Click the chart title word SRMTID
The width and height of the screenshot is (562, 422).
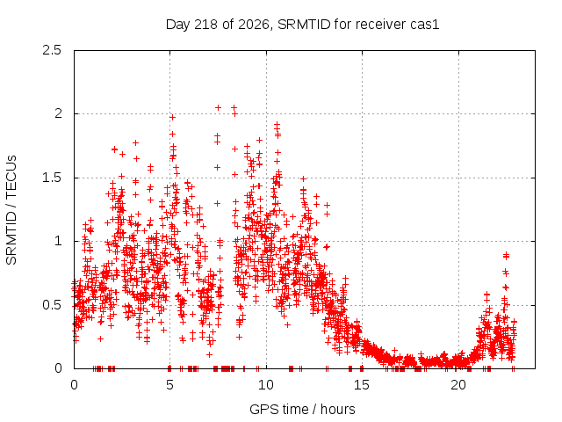click(x=304, y=25)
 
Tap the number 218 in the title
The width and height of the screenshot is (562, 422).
click(x=205, y=25)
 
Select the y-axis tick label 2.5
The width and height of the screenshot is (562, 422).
click(x=52, y=50)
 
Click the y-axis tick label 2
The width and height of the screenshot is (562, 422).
click(x=58, y=113)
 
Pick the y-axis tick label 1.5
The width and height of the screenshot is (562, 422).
click(x=52, y=178)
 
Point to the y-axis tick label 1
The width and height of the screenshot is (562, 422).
click(x=59, y=241)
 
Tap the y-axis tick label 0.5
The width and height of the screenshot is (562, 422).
click(x=52, y=305)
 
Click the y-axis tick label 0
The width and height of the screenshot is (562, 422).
click(x=58, y=368)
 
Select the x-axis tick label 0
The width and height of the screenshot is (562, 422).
click(x=74, y=385)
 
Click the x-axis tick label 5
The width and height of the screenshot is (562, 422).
click(x=169, y=385)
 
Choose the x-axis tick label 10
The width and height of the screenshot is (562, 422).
click(x=266, y=385)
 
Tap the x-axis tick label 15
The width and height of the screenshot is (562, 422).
click(x=362, y=385)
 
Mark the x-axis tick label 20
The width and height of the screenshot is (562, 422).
click(x=458, y=385)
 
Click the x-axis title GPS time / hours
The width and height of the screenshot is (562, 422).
click(x=302, y=410)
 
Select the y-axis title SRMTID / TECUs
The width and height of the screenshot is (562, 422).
click(x=11, y=210)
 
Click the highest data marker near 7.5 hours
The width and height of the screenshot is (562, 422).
click(x=218, y=107)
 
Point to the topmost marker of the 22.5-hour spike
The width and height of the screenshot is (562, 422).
click(x=506, y=255)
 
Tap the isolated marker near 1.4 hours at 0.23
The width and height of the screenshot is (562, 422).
click(x=101, y=338)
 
